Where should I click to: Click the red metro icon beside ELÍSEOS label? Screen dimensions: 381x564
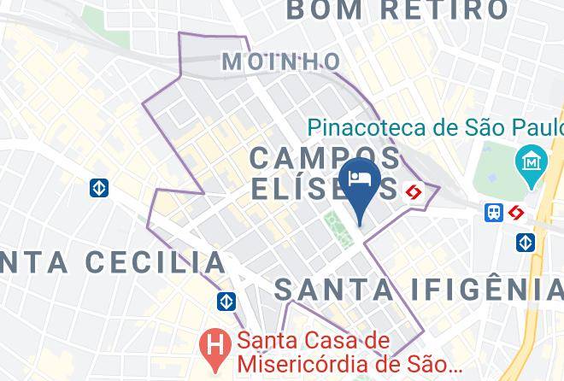tap(415, 191)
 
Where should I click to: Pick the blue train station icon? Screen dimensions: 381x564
tap(494, 212)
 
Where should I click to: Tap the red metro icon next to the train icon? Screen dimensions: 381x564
tap(515, 212)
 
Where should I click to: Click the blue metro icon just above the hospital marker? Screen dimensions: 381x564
tap(226, 302)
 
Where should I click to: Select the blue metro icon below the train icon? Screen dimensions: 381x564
tap(526, 243)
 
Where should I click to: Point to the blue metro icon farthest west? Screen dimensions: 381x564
tap(99, 188)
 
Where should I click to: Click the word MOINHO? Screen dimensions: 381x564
tap(280, 62)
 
